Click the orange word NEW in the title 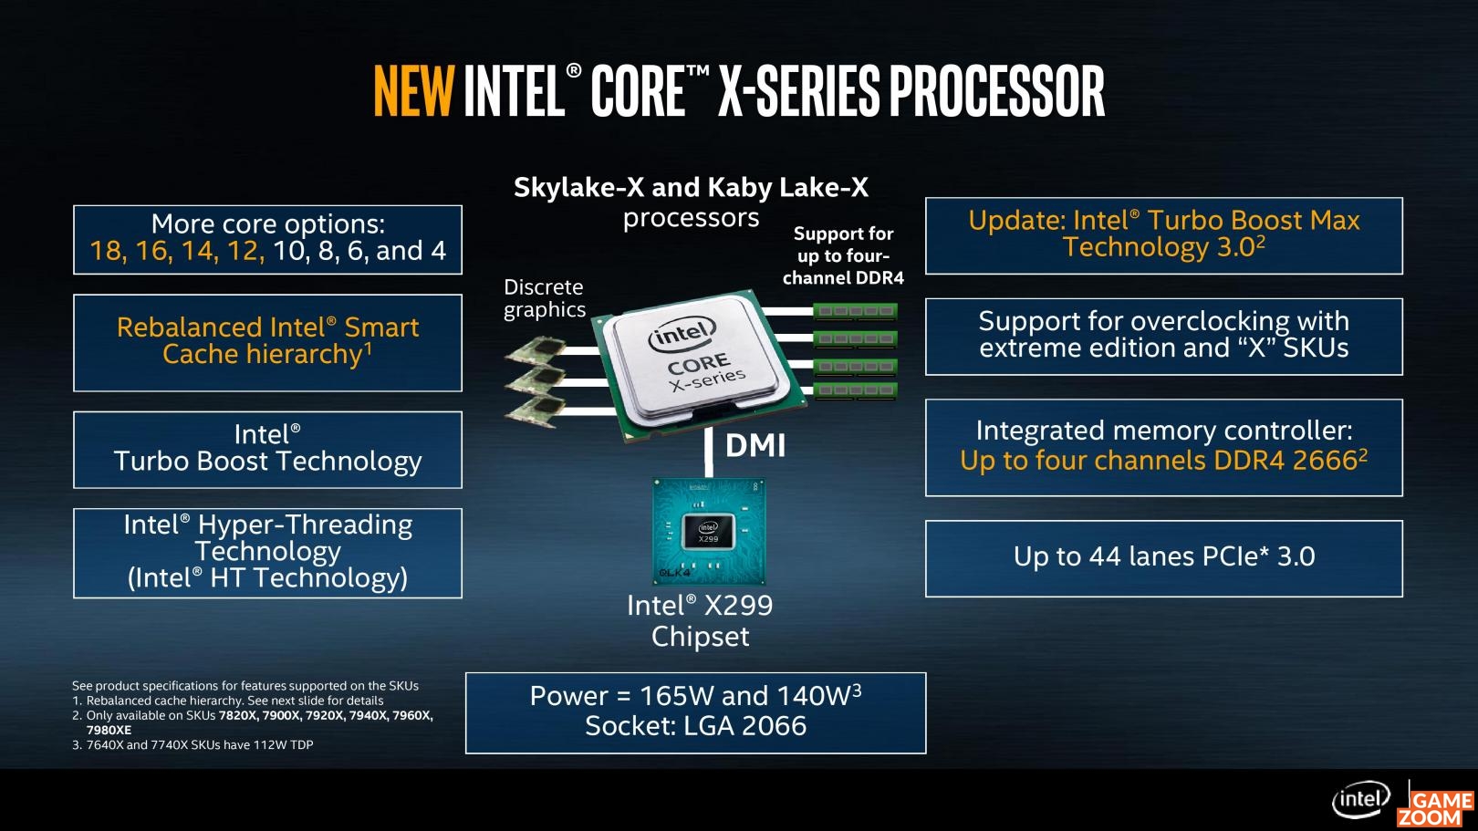point(413,91)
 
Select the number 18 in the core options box point(106,251)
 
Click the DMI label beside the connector point(755,446)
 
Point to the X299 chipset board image point(709,532)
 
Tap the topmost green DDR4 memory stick point(855,311)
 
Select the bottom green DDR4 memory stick point(855,390)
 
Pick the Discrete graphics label point(545,298)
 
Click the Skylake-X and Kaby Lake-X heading point(691,187)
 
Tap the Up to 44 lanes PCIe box point(1164,558)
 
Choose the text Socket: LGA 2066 point(695,726)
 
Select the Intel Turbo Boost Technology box point(268,450)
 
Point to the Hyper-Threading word point(305,525)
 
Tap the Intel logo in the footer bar point(1360,801)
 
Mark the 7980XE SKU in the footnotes point(109,730)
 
